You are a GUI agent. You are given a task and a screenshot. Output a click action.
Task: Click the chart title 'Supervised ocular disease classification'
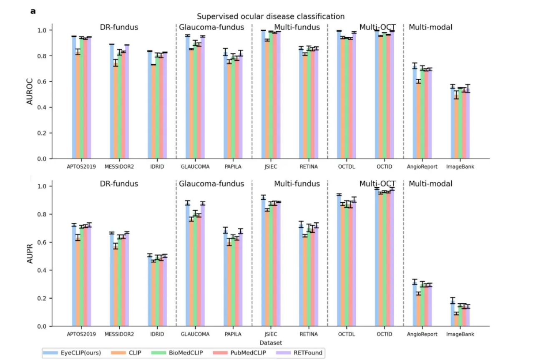pos(271,17)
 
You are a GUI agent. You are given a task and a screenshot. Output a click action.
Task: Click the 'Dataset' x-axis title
pos(271,342)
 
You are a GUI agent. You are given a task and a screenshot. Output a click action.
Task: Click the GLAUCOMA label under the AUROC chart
pos(195,166)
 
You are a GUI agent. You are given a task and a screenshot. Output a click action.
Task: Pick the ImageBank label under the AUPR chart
pos(460,334)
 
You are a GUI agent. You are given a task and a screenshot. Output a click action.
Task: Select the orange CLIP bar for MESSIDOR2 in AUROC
pos(116,111)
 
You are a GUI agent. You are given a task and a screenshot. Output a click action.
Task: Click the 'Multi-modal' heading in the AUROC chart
pos(430,28)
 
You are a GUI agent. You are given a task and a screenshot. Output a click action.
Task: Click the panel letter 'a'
pos(33,11)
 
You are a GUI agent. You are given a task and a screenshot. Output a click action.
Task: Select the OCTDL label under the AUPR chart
pos(346,334)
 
